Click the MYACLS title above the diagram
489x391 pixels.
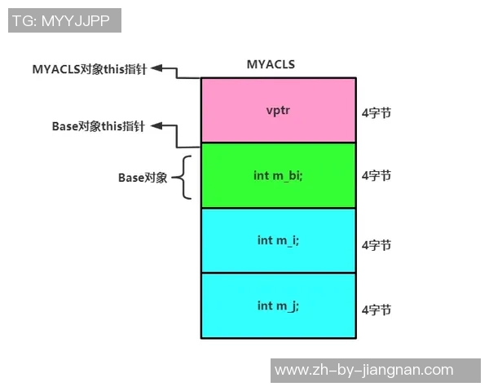[271, 64]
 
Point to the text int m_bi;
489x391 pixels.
[279, 175]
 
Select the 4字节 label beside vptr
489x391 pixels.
[377, 113]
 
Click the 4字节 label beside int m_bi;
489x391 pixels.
[377, 175]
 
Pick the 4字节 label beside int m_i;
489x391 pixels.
[377, 244]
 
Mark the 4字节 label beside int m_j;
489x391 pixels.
[377, 310]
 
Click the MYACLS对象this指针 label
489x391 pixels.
[89, 69]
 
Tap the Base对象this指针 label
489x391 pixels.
[99, 126]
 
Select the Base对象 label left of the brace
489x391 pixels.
[143, 177]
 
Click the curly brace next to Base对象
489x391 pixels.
[187, 177]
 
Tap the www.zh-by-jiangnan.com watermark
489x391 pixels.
[363, 370]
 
